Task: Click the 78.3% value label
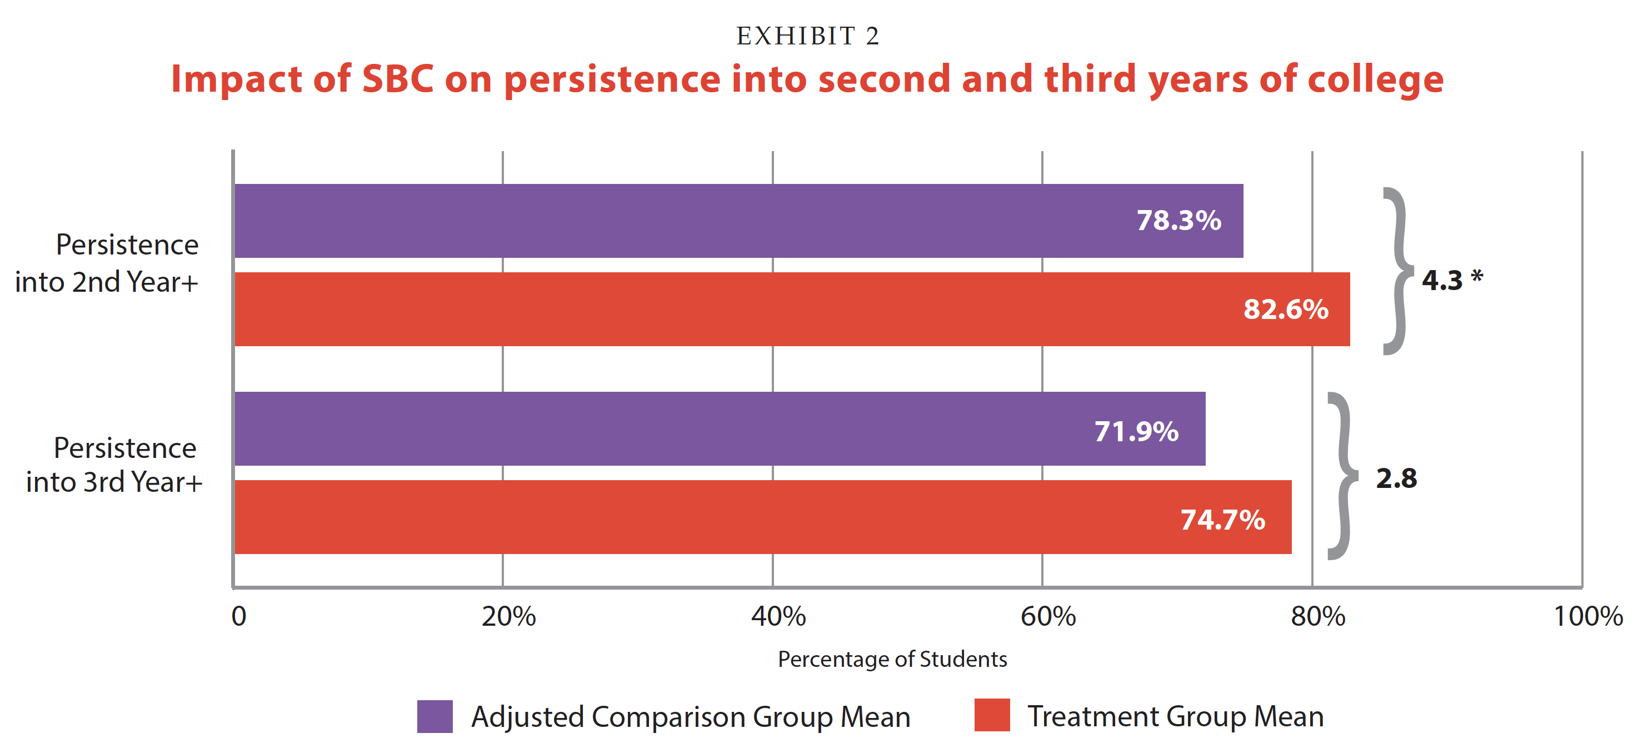[1178, 221]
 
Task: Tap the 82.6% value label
[1285, 309]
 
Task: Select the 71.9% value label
[1136, 431]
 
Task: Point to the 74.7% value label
[1222, 520]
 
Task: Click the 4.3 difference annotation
[1442, 280]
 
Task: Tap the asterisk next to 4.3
[1476, 277]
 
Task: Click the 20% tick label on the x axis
[508, 616]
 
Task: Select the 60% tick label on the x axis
[1048, 616]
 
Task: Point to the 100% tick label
[1588, 616]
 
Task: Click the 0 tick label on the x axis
[238, 616]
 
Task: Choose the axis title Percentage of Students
[892, 659]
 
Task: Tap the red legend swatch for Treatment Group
[992, 715]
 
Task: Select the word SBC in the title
[397, 79]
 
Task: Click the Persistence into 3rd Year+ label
[114, 465]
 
